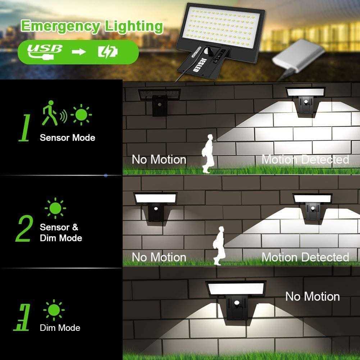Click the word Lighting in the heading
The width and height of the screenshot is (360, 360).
pyautogui.click(x=134, y=27)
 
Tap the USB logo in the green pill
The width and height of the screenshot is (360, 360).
pyautogui.click(x=45, y=52)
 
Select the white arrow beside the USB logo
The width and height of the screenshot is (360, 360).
pyautogui.click(x=79, y=52)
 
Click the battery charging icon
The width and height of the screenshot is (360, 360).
pyautogui.click(x=108, y=52)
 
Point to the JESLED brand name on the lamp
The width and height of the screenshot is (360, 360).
pyautogui.click(x=197, y=65)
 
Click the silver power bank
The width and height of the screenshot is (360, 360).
pyautogui.click(x=299, y=58)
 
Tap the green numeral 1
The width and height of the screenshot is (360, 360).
pyautogui.click(x=24, y=128)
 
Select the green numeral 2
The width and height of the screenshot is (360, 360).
pyautogui.click(x=24, y=228)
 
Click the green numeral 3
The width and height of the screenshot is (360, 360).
pyautogui.click(x=22, y=317)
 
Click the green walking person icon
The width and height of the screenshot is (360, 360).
pyautogui.click(x=49, y=113)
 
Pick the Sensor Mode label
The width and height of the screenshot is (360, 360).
pyautogui.click(x=68, y=137)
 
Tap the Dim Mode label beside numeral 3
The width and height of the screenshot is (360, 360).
pyautogui.click(x=60, y=328)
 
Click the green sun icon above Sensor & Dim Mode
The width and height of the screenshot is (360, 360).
pyautogui.click(x=55, y=208)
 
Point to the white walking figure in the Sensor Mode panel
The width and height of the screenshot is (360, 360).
pyautogui.click(x=208, y=154)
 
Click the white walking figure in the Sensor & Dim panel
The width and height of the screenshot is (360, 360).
pyautogui.click(x=219, y=246)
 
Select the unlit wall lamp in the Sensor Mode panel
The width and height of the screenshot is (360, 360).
pyautogui.click(x=159, y=102)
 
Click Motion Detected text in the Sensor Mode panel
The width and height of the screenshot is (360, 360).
pyautogui.click(x=305, y=159)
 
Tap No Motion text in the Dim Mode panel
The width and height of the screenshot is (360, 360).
pyautogui.click(x=313, y=296)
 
